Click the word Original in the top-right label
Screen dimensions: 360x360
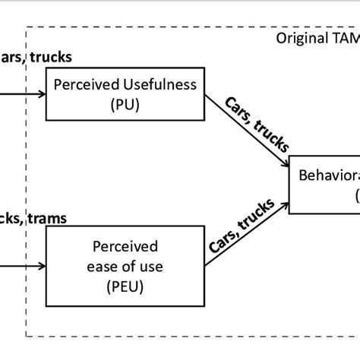pos(302,38)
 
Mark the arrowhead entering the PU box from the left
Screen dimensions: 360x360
pos(41,96)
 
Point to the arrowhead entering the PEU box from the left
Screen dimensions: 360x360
pos(41,266)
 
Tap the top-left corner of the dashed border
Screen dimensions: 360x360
pos(27,27)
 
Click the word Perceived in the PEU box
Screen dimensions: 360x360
pos(125,246)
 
